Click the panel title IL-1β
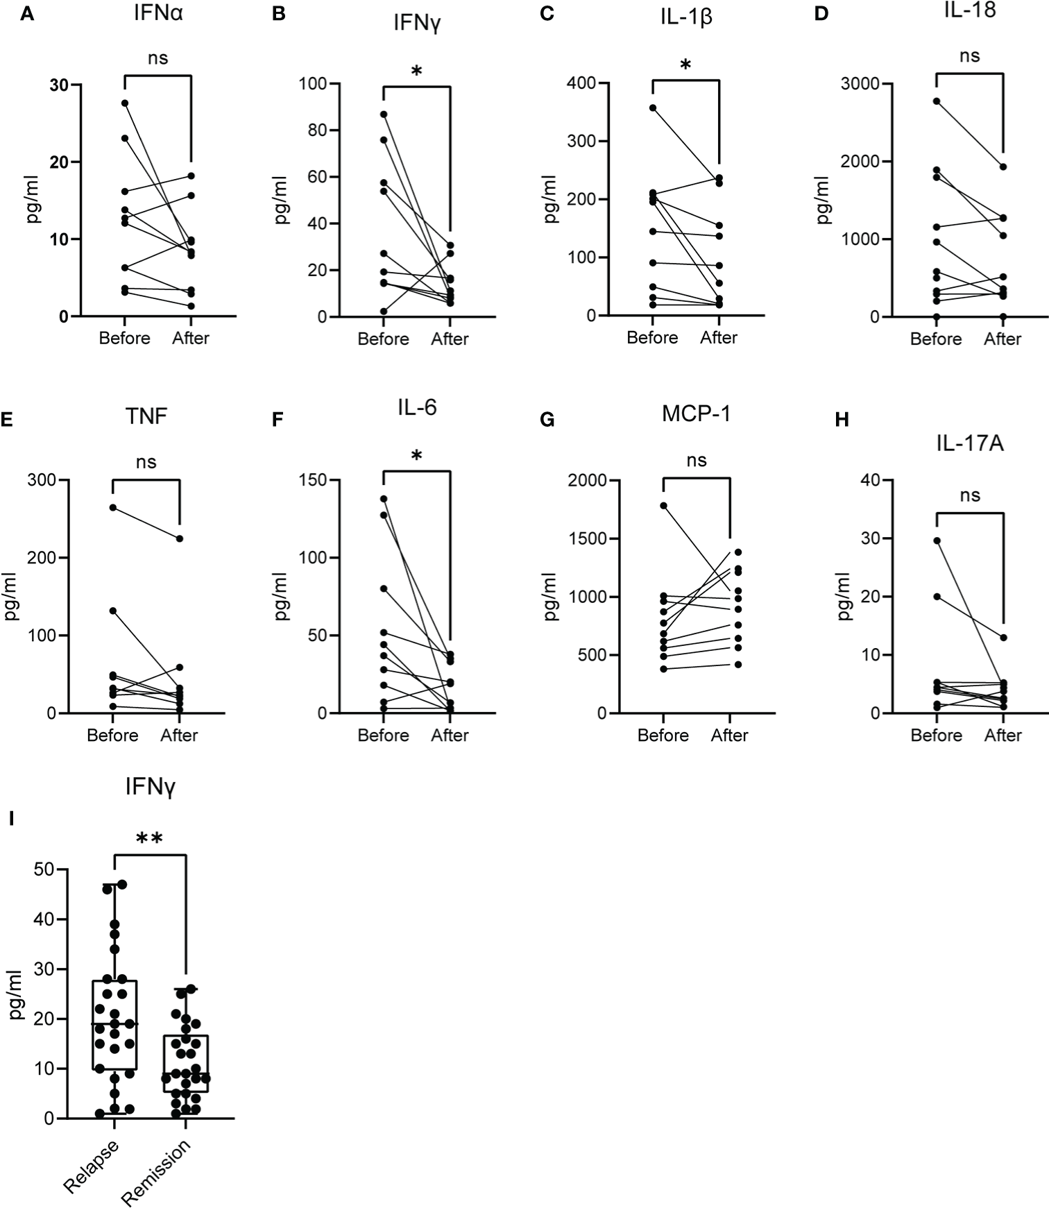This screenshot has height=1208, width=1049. [x=685, y=17]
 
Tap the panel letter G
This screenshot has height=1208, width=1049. [x=547, y=420]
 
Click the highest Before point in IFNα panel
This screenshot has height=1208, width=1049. [x=125, y=103]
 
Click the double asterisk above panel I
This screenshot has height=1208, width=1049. [x=149, y=840]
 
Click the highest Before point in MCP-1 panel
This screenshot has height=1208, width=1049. [x=663, y=506]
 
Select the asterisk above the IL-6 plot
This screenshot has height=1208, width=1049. [x=416, y=456]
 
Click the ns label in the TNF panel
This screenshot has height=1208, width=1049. [x=146, y=462]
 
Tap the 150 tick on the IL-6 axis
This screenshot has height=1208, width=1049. [x=312, y=480]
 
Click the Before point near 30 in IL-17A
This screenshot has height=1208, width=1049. [x=937, y=541]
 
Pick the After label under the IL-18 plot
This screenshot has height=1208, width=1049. [x=1002, y=339]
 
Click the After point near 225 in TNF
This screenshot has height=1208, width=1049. [x=180, y=538]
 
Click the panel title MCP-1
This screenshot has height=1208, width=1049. [x=696, y=414]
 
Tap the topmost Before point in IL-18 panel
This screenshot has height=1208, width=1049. [x=937, y=101]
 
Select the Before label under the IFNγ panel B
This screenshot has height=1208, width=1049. [x=383, y=339]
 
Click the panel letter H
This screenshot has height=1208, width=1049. [x=842, y=420]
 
